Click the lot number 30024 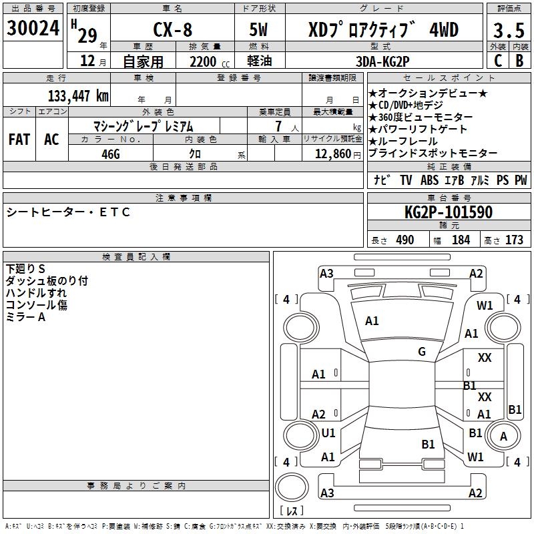click(x=33, y=29)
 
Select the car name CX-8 click(x=173, y=30)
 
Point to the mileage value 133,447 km click(x=78, y=95)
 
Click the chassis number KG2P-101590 click(x=449, y=213)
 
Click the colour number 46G click(x=110, y=153)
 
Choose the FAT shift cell click(x=19, y=140)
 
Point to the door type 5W click(x=260, y=30)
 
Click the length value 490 click(x=405, y=240)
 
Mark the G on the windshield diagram click(x=422, y=352)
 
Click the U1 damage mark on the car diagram click(x=328, y=433)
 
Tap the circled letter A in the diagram click(x=504, y=437)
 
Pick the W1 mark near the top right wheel click(x=485, y=306)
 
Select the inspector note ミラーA click(x=26, y=317)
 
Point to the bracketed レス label click(x=292, y=511)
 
